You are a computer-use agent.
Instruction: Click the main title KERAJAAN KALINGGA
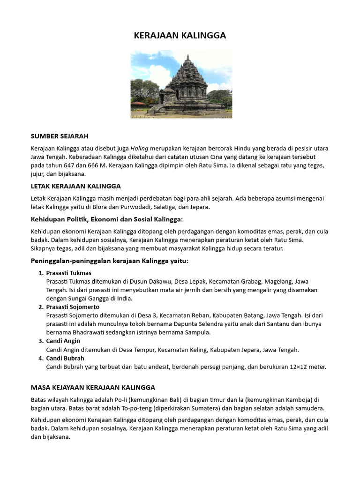pos(180,36)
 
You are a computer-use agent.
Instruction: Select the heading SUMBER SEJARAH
pos(60,136)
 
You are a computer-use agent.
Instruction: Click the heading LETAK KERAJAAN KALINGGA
pos(75,186)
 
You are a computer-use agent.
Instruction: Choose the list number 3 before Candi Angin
pos(40,341)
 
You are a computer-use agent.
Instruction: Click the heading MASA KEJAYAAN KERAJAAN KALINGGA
pos(93,388)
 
